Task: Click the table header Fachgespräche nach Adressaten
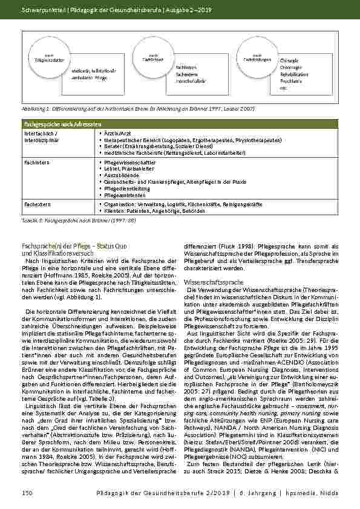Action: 49,123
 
